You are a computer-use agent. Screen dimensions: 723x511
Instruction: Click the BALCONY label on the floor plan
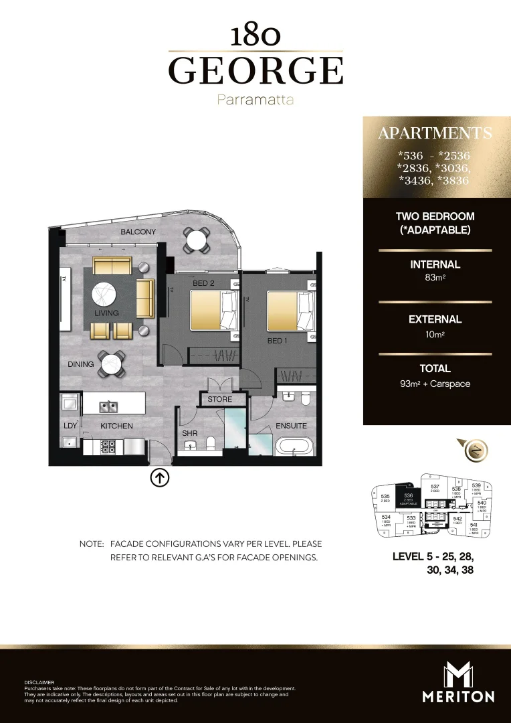(138, 232)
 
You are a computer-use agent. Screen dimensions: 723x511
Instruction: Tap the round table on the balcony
(197, 238)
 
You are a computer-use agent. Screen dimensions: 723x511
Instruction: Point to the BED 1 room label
(276, 341)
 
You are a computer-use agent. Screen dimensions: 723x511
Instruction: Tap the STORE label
(219, 400)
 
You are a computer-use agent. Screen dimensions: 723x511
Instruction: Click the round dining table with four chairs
(110, 364)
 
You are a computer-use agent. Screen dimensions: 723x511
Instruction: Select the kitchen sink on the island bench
(107, 406)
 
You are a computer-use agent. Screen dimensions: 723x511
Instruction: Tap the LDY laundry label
(70, 426)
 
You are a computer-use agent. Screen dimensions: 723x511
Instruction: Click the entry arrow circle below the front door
(161, 478)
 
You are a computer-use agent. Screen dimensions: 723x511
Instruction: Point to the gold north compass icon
(475, 451)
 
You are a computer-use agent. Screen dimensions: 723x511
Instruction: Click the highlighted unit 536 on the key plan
(408, 497)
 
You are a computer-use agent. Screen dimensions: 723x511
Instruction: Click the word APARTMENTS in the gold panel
(435, 133)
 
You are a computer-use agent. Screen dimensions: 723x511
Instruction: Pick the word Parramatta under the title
(255, 100)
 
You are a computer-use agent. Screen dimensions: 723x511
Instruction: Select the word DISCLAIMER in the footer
(39, 682)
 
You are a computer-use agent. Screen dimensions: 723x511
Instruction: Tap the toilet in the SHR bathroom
(211, 443)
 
